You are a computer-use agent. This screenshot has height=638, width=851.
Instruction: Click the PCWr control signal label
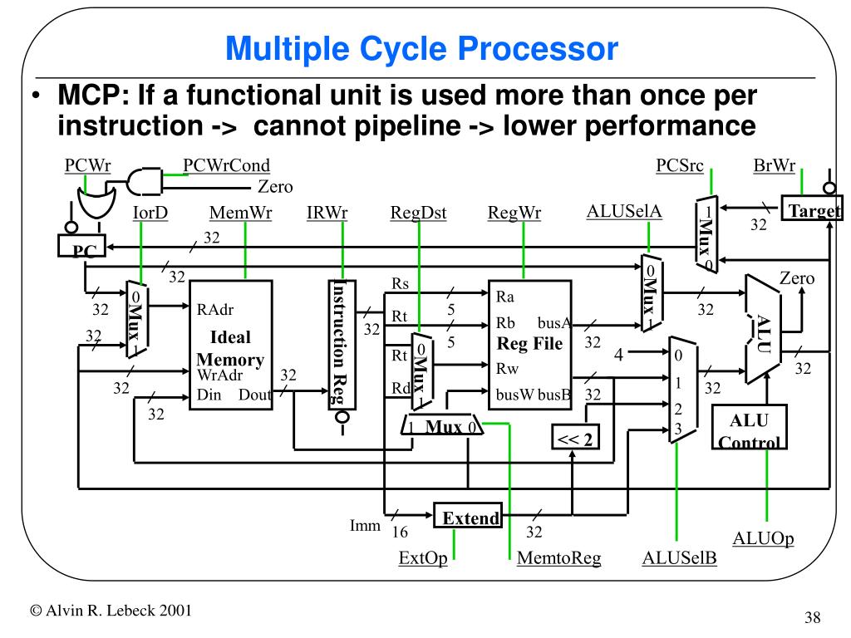coord(87,165)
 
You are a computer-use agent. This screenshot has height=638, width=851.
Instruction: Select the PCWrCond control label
coord(227,165)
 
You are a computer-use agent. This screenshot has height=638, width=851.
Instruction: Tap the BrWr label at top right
coord(775,165)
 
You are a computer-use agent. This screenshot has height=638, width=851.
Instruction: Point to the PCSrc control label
coord(680,165)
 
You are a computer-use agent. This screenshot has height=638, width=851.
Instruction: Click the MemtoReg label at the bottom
coord(558,558)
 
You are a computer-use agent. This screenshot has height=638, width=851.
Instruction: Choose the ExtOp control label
coord(423,558)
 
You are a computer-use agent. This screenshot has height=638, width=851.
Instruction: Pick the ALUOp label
coord(763,538)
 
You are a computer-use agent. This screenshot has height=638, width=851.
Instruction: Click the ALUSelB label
coord(680,558)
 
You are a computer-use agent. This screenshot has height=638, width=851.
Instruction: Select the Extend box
coord(469,518)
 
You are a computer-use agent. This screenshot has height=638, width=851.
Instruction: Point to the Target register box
coord(812,211)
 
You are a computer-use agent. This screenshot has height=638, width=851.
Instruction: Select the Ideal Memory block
coord(231,344)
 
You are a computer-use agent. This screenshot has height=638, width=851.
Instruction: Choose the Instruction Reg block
coord(341,344)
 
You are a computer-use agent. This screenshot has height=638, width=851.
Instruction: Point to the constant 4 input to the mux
coord(618,355)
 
